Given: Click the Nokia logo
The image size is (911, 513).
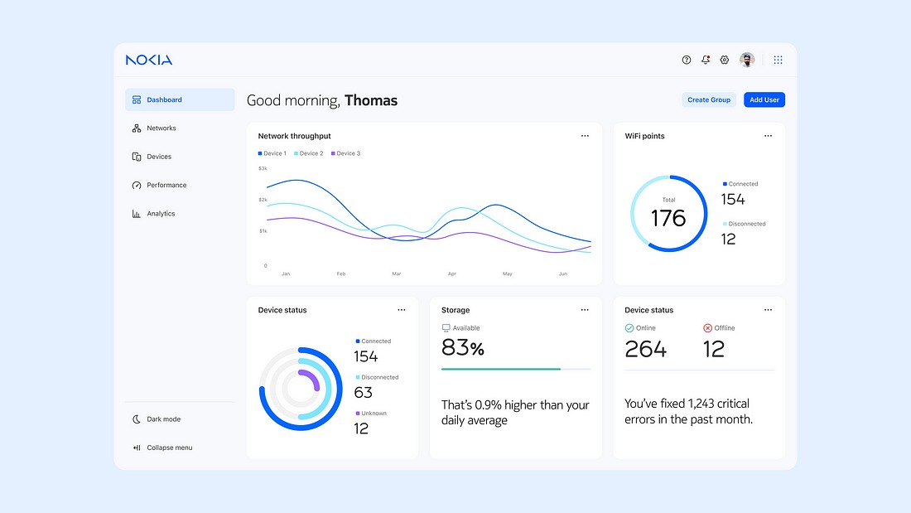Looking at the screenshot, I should tap(149, 60).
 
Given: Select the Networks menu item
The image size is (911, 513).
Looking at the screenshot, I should tap(161, 128).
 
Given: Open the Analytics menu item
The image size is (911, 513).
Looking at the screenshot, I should tap(161, 214).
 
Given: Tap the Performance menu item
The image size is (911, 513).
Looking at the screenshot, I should tap(166, 185).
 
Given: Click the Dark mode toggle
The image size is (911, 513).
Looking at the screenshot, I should tap(162, 419).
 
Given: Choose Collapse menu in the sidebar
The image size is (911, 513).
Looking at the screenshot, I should tap(168, 448).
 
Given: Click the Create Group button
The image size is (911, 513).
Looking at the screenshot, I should tap(709, 99).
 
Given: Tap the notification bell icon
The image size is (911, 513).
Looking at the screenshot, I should tap(706, 60).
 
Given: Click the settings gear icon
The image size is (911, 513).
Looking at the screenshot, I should tap(725, 60).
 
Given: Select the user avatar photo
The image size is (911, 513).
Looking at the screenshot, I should tap(747, 60).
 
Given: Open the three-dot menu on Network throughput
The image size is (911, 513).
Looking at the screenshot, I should tap(585, 136).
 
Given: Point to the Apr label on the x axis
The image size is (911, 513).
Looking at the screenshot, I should tap(452, 273).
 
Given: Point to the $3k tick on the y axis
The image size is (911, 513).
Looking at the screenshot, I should tap(263, 168).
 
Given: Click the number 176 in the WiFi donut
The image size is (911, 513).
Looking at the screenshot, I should tap(668, 218).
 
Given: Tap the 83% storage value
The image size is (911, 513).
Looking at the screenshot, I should tap(463, 348).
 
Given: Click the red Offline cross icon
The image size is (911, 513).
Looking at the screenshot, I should tap(707, 328).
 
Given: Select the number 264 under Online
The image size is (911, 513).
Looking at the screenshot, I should tap(645, 349).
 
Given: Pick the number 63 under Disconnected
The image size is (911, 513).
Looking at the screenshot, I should tap(363, 393).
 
